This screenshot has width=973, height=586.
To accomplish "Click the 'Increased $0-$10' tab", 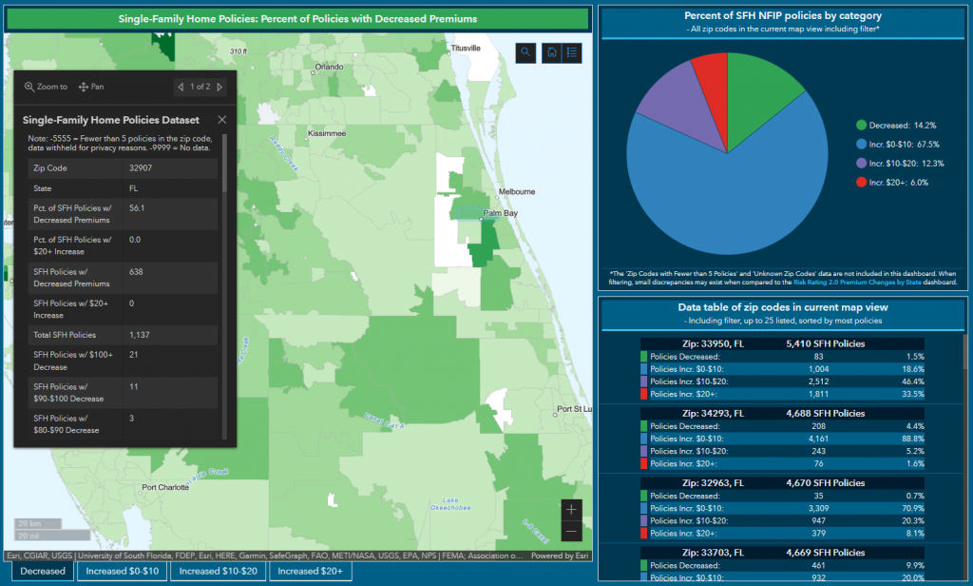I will [x=123, y=571].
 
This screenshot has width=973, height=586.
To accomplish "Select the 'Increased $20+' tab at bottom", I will [x=311, y=571].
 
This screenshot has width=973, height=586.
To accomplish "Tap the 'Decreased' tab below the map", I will [x=43, y=571].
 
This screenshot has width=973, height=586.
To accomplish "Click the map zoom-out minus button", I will [x=571, y=531].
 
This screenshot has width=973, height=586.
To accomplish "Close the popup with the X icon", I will [x=222, y=120].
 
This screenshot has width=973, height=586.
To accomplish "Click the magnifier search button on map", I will [x=525, y=53].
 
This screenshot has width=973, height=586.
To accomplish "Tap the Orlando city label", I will [x=328, y=67].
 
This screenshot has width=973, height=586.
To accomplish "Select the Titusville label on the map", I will [x=467, y=48].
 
